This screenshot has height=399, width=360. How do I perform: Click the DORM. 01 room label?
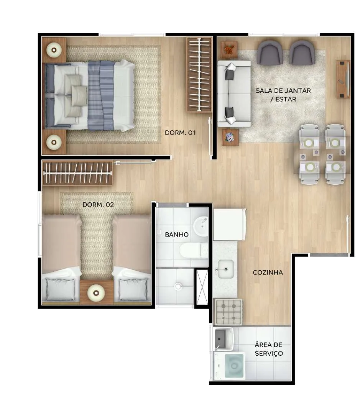tap(180, 133)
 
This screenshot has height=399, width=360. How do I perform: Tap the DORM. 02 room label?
tap(98, 205)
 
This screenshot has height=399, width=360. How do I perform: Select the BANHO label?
tap(177, 235)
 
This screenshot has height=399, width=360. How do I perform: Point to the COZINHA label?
tap(268, 273)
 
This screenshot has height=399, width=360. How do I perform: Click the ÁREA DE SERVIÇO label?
tap(269, 349)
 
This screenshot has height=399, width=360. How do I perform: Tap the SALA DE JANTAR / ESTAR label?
tap(283, 95)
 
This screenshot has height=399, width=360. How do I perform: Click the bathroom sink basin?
tap(201, 226)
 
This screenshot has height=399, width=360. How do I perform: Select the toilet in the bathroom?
tap(194, 250)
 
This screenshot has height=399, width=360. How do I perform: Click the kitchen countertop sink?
tap(225, 269)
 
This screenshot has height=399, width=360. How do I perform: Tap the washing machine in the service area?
tap(229, 366)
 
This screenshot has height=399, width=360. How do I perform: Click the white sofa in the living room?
tap(234, 94)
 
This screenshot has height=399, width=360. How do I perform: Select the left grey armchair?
tap(270, 53)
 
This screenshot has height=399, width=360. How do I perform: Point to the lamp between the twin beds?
tap(96, 293)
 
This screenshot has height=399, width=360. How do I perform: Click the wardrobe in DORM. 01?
tap(200, 75)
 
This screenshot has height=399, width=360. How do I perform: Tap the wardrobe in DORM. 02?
tap(77, 173)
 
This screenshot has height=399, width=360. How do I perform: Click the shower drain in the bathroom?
tap(178, 286)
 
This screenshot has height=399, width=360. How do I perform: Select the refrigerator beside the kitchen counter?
tap(230, 225)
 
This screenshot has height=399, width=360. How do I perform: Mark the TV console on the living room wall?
tap(344, 79)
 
